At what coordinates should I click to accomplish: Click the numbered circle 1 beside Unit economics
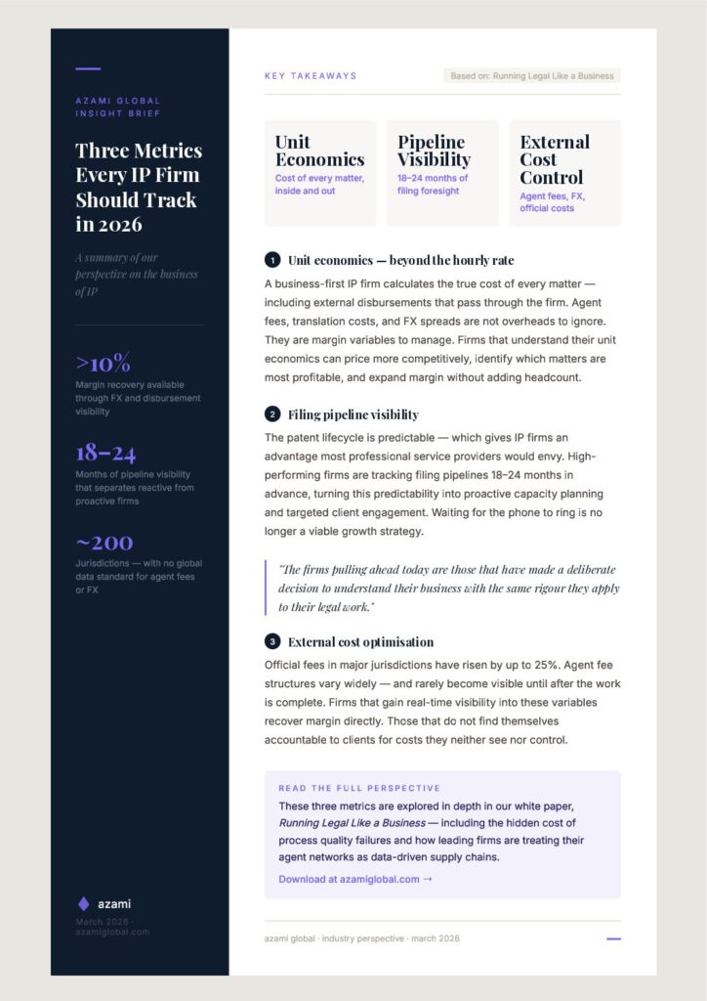(x=271, y=260)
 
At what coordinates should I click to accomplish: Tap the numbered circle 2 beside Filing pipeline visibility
(x=271, y=414)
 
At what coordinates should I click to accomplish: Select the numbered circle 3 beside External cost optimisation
(x=271, y=642)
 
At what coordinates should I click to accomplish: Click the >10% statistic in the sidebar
(x=103, y=363)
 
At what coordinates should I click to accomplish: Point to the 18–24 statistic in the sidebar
(x=105, y=453)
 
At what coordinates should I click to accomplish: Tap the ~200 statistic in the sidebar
(x=104, y=543)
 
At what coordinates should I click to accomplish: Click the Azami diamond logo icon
(x=83, y=903)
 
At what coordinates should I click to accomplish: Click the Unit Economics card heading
(x=319, y=151)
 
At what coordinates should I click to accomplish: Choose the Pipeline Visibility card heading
(x=434, y=151)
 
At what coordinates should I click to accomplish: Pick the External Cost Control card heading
(x=555, y=159)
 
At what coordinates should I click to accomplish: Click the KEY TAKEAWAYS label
(x=311, y=75)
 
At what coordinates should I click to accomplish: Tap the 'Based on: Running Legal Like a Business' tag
(x=532, y=75)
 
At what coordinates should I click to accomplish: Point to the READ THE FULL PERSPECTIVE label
(x=359, y=788)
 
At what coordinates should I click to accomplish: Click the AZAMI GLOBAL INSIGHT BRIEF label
(x=118, y=108)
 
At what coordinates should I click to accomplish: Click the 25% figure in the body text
(x=516, y=665)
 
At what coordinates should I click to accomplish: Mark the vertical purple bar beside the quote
(x=266, y=588)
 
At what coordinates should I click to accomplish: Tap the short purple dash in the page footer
(x=613, y=938)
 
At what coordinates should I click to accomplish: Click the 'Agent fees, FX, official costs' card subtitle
(x=553, y=202)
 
